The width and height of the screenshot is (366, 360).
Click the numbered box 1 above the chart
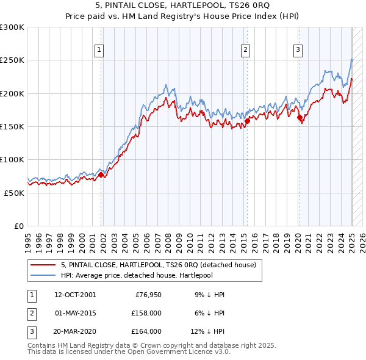coord(98,51)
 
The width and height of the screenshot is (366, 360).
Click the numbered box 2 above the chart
coord(245,51)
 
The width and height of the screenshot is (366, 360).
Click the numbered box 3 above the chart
coord(298,51)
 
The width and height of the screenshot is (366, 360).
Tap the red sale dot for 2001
coord(101,175)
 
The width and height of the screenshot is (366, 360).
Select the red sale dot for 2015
coord(248,121)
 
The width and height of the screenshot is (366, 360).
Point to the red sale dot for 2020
coord(300,118)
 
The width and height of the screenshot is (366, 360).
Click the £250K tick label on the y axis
coord(12,60)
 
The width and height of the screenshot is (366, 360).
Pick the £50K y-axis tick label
coord(14,193)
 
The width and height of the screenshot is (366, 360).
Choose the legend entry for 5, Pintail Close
coord(162,265)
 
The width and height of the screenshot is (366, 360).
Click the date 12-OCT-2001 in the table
coord(74,295)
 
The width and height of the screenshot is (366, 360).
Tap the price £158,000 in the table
coord(147,313)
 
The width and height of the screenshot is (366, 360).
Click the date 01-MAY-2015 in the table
coord(74,313)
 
